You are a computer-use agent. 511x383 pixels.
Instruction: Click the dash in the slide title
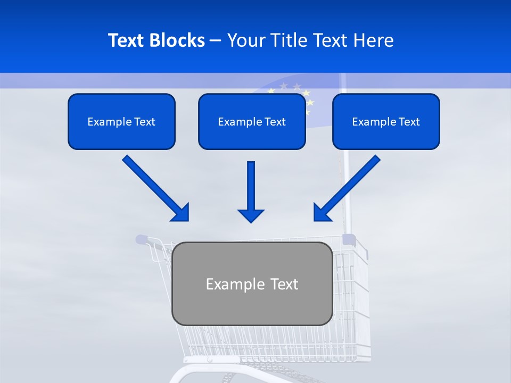click(x=216, y=41)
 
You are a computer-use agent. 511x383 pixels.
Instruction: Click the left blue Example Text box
click(x=121, y=121)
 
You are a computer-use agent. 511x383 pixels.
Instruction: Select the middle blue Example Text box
click(x=252, y=121)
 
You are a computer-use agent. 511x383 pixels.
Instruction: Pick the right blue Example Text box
click(x=386, y=121)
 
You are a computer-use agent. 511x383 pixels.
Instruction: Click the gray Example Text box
click(x=252, y=284)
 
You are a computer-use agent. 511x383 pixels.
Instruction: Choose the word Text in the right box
click(x=409, y=122)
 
